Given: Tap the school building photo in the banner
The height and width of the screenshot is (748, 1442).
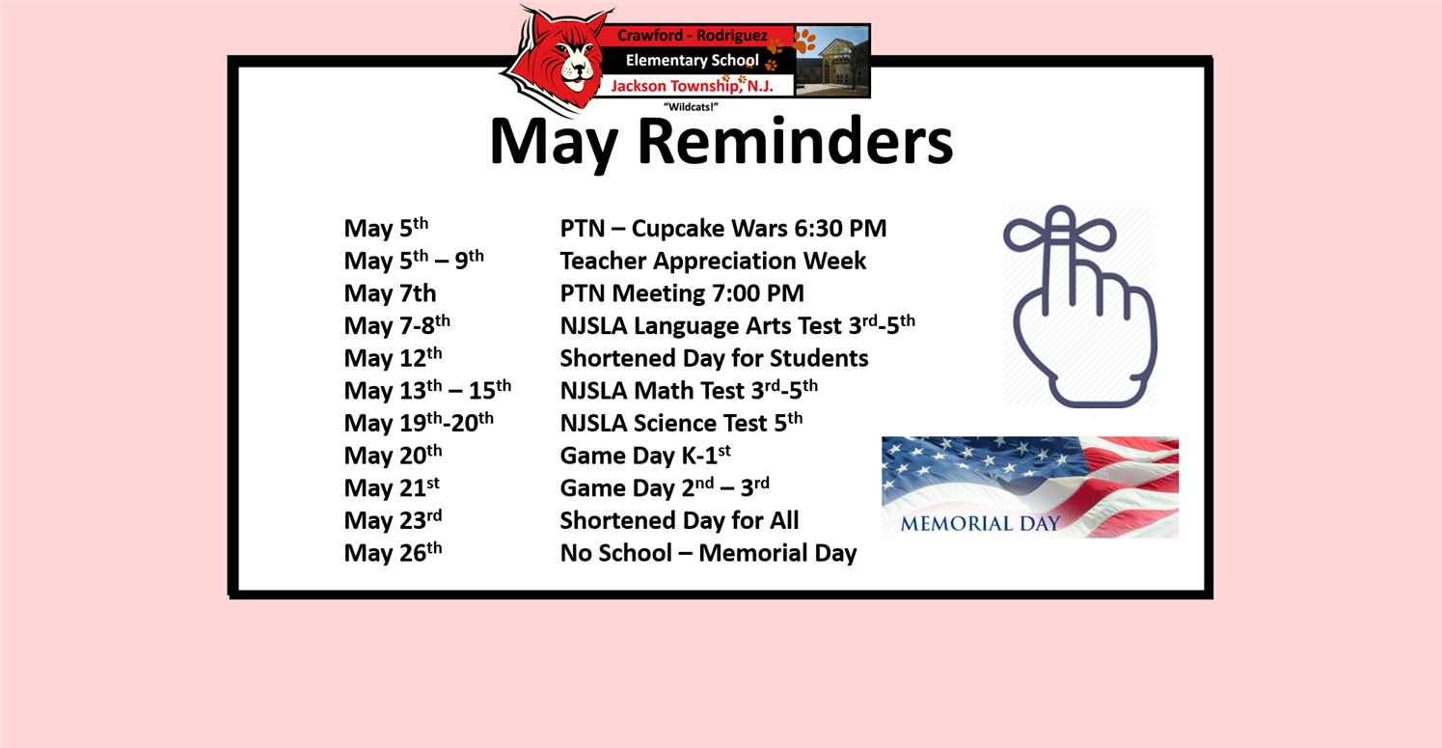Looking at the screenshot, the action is (832, 61).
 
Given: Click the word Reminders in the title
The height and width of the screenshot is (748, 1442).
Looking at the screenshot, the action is (795, 142).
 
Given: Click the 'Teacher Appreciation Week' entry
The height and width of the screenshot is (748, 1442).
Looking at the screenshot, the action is (713, 262).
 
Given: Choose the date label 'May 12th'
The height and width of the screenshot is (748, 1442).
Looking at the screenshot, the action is (393, 357).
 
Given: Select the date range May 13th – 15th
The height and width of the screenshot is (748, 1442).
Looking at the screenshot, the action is (427, 390).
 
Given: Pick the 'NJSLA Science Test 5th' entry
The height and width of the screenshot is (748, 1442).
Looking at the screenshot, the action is (681, 423).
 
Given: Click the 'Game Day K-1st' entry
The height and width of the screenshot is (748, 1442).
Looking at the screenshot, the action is (645, 455).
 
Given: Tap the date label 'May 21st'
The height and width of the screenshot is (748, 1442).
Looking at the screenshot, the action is (392, 487).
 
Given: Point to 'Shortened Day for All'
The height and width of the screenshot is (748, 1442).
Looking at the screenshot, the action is (679, 520).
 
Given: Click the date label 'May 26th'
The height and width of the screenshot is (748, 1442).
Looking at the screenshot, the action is (393, 553).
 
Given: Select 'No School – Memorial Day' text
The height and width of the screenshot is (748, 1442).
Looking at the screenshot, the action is (708, 553).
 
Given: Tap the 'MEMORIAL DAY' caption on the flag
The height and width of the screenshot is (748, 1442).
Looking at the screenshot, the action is (980, 524).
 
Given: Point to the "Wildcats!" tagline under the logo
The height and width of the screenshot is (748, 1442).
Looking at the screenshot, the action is (691, 107).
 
